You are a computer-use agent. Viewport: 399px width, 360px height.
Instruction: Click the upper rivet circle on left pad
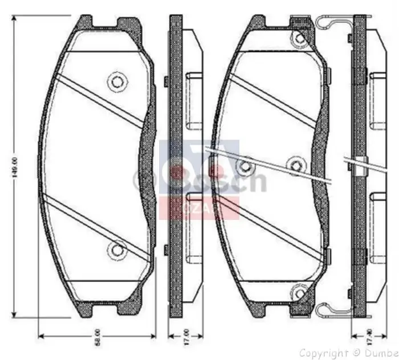pos(117,81)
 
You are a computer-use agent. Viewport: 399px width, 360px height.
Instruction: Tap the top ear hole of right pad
pos(298,38)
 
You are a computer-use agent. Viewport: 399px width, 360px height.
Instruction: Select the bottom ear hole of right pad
pos(298,294)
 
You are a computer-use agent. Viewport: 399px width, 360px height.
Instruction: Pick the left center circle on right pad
pos(246,166)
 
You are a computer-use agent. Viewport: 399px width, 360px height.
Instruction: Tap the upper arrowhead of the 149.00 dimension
pos(15,19)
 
